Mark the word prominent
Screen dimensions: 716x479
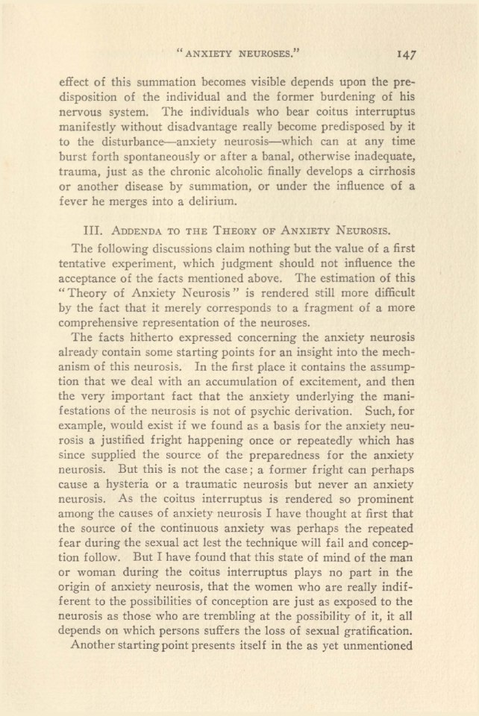click(x=382, y=540)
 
